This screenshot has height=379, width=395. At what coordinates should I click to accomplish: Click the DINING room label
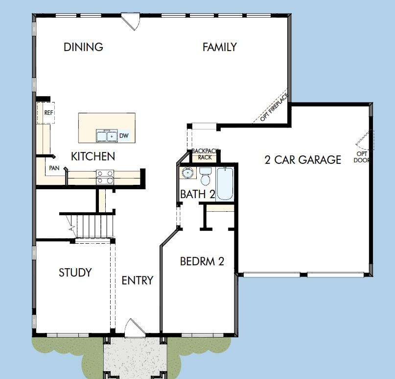coord(83,47)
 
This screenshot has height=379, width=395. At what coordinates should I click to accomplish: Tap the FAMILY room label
coord(219,47)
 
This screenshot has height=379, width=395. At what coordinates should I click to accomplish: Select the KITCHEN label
coord(93,156)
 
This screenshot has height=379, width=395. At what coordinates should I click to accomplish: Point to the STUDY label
coord(75,273)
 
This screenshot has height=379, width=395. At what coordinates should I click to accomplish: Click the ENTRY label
coord(137,280)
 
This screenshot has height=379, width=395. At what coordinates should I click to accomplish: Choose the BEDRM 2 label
coord(202,261)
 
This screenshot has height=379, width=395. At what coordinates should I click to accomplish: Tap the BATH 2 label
coord(197,194)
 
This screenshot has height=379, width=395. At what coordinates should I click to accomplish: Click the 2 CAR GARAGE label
coord(302,160)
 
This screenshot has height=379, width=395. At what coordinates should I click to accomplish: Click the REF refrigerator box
coord(48,113)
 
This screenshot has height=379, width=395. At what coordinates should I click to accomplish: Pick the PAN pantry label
coord(54,168)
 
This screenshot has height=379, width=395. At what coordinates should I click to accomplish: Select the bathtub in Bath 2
coord(225,184)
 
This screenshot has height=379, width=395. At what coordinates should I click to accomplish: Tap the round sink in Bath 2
coord(187,173)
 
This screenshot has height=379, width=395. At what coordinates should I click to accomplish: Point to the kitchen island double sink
coord(106,135)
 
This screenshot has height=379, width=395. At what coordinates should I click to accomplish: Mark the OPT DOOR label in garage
coord(362,157)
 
